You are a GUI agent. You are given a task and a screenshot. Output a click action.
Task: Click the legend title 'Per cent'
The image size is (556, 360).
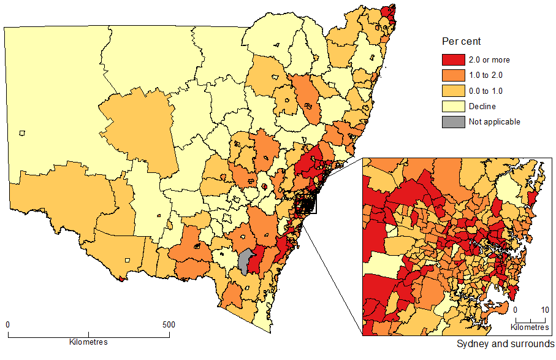click(x=461, y=42)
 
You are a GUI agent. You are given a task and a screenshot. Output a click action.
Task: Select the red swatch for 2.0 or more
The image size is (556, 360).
click(x=452, y=60)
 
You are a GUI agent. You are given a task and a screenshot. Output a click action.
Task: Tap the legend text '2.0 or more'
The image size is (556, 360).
click(x=489, y=60)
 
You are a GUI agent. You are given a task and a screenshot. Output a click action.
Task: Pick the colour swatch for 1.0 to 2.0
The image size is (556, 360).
click(x=452, y=75)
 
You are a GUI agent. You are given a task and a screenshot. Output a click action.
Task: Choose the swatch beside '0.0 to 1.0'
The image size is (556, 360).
click(x=452, y=91)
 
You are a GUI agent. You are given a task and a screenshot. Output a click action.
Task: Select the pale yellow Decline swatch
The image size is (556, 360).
click(x=452, y=106)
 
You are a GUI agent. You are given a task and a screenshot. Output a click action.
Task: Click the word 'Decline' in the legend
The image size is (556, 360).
click(x=482, y=106)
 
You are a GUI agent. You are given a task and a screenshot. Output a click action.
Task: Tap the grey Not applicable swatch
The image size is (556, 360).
click(x=452, y=121)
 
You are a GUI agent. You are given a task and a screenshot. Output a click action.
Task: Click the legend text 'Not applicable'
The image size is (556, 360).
click(x=495, y=121)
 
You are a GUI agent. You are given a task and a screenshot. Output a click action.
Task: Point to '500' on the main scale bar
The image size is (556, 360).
click(x=169, y=324)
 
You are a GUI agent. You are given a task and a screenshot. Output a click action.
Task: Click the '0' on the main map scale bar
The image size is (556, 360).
click(x=8, y=324)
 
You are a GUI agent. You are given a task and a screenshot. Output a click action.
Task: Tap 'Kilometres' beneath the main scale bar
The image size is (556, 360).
click(x=89, y=342)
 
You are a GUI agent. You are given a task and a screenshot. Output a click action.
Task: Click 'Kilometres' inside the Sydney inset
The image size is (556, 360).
click(x=531, y=327)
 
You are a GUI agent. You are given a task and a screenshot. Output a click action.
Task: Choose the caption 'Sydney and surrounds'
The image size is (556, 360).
click(x=506, y=343)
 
